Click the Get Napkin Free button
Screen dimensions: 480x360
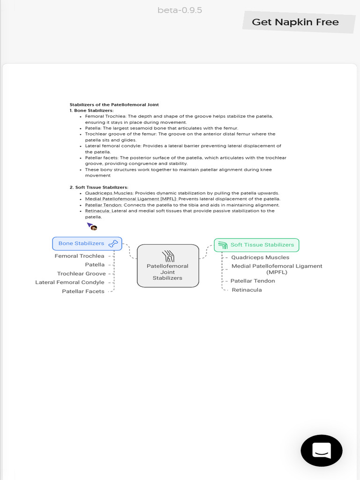click(295, 22)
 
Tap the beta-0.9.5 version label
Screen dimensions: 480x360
click(180, 10)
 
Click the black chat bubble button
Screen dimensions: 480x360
click(322, 450)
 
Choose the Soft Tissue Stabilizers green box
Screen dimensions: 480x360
click(256, 245)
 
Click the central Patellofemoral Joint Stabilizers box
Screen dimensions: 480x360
click(168, 266)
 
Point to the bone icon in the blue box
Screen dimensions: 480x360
click(113, 244)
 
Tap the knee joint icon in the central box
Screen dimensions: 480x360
click(168, 256)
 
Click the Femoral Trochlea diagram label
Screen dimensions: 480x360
click(80, 256)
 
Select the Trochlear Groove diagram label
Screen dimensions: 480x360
click(82, 274)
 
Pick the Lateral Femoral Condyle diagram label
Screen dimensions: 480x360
click(70, 282)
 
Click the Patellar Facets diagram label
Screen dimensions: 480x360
click(83, 291)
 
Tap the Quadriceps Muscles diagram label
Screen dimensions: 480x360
click(260, 257)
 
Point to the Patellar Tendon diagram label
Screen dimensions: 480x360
click(253, 281)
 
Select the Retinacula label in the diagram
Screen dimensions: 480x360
click(247, 290)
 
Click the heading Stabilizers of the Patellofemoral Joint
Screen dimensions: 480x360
click(114, 105)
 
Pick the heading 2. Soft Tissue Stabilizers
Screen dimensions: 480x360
click(98, 187)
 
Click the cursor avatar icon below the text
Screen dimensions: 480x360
click(92, 227)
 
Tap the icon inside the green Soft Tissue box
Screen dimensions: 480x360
click(223, 245)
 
